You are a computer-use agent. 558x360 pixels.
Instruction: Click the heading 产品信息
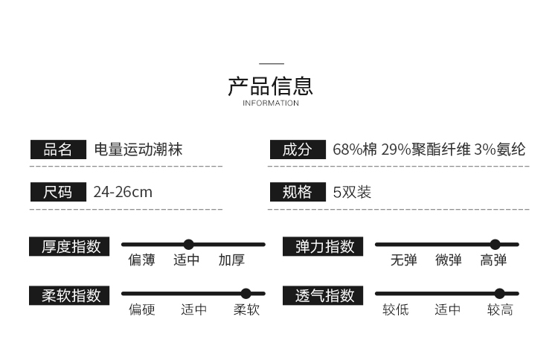[270, 86]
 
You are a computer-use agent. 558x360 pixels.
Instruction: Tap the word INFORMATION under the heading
[270, 103]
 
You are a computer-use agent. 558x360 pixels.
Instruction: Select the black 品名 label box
[58, 150]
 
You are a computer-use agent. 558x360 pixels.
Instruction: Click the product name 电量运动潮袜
[138, 150]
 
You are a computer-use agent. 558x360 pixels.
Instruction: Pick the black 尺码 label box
[58, 192]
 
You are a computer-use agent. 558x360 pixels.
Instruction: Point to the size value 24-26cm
[123, 192]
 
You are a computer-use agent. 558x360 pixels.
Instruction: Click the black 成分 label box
[297, 150]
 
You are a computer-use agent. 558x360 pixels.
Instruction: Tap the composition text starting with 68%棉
[429, 150]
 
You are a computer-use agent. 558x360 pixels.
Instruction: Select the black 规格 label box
[297, 192]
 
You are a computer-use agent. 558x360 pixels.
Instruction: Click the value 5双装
[352, 192]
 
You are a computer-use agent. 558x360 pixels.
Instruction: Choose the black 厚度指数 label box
[70, 246]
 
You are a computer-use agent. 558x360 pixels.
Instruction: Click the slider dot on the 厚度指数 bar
[188, 244]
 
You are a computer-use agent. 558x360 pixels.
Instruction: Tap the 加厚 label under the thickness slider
[231, 260]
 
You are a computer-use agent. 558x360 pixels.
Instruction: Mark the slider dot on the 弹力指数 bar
[495, 244]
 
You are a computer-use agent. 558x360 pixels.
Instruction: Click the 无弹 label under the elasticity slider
[404, 260]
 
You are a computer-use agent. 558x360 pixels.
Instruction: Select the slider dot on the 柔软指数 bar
[246, 294]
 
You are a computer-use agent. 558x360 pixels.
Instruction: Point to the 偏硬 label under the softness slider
[141, 310]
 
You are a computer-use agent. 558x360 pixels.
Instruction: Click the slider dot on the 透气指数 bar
[499, 294]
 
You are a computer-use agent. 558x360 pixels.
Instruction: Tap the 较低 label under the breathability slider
[396, 310]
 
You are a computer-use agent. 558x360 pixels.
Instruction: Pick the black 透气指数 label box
[324, 295]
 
